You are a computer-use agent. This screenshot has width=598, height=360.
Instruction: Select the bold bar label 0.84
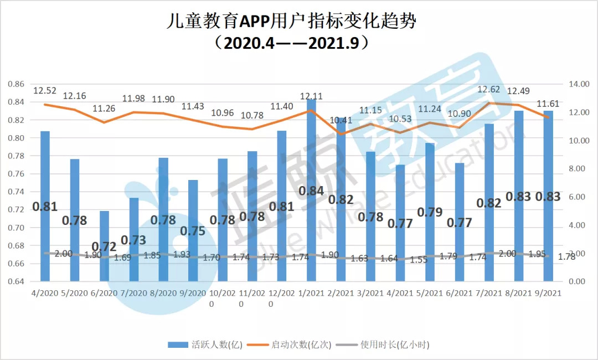[x=311, y=191]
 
